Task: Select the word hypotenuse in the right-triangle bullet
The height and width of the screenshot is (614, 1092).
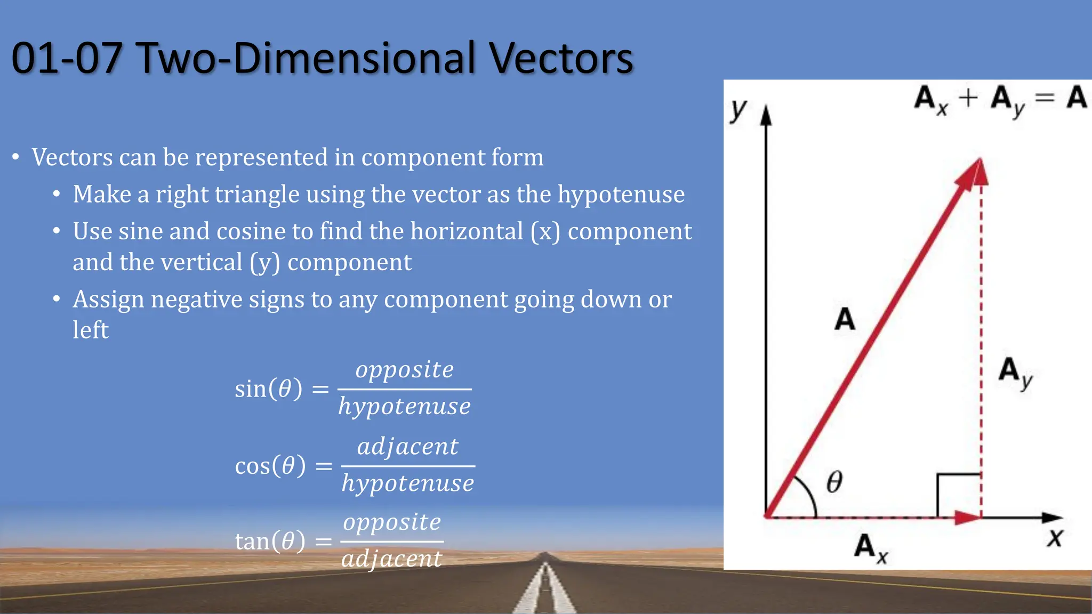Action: [x=621, y=194]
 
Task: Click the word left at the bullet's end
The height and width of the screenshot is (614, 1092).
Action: [x=90, y=330]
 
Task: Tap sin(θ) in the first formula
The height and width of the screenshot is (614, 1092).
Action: [x=268, y=389]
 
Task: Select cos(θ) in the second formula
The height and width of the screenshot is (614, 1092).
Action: [x=270, y=466]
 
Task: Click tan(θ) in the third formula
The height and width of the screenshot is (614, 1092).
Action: [x=270, y=542]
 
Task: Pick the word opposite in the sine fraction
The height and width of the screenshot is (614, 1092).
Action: [x=404, y=369]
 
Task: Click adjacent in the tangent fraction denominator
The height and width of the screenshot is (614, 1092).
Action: [x=391, y=559]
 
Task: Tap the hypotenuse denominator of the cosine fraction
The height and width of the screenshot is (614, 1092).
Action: [x=407, y=483]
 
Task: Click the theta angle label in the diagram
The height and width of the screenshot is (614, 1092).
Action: [x=834, y=482]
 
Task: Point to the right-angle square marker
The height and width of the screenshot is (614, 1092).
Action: [x=958, y=495]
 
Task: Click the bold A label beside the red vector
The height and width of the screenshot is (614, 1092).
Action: [x=845, y=319]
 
